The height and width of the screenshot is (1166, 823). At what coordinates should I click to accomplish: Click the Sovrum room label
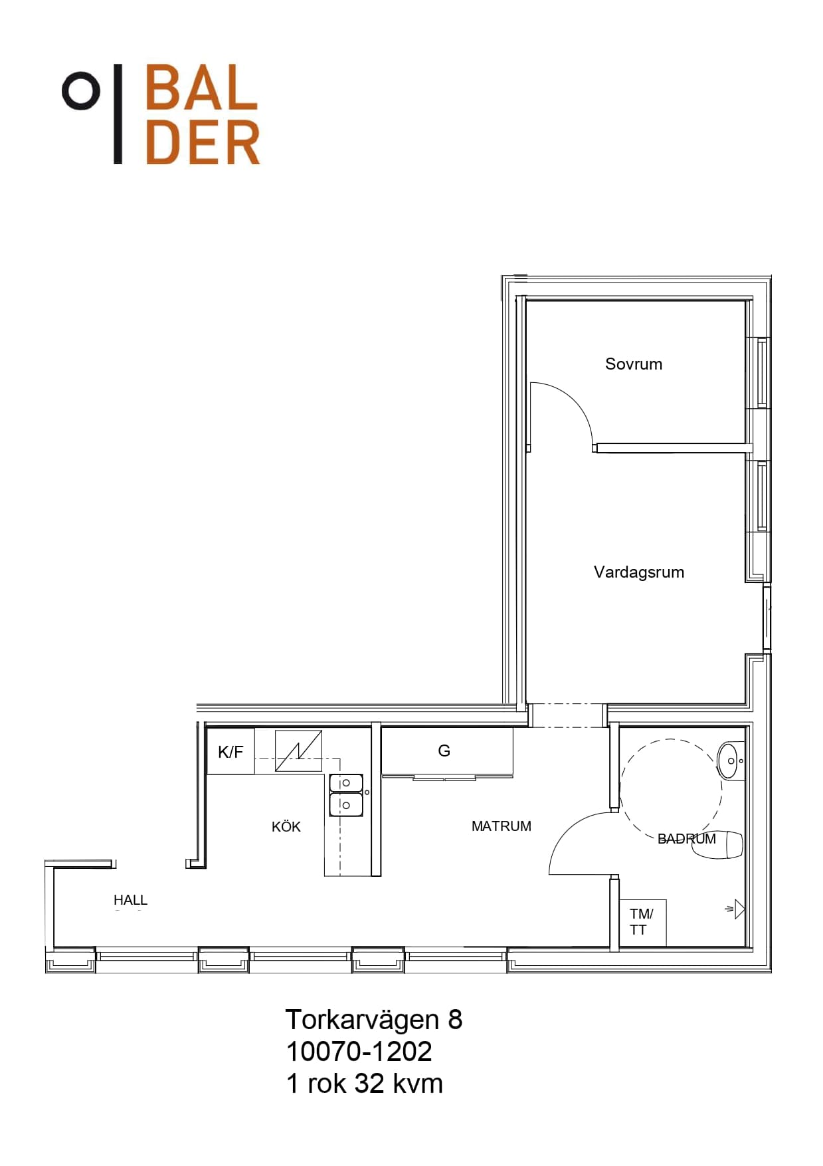click(x=633, y=364)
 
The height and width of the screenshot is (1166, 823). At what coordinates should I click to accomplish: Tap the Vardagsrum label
click(x=638, y=572)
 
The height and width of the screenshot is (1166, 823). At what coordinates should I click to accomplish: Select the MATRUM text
click(x=501, y=826)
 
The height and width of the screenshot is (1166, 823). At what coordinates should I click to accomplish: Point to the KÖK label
click(x=286, y=826)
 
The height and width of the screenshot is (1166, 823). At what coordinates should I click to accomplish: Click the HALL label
click(x=130, y=899)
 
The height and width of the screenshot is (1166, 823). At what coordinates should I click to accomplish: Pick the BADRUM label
click(x=686, y=839)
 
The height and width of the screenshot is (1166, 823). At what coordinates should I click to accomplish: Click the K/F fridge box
click(x=230, y=751)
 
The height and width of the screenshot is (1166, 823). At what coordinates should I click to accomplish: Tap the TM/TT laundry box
click(x=642, y=922)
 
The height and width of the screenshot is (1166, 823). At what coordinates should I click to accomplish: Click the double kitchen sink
click(x=346, y=795)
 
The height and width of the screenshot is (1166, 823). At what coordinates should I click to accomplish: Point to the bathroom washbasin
click(x=730, y=760)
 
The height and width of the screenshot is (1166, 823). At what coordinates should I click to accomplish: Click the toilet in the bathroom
click(x=717, y=845)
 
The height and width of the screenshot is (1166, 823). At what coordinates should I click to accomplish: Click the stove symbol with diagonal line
click(x=298, y=751)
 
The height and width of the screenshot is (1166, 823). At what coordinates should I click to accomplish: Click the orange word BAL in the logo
click(x=201, y=87)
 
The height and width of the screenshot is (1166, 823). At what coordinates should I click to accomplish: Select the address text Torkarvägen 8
click(x=373, y=1019)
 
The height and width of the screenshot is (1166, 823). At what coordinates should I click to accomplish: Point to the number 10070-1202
click(x=359, y=1051)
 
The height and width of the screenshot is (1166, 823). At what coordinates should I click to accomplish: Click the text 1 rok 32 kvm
click(x=364, y=1083)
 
